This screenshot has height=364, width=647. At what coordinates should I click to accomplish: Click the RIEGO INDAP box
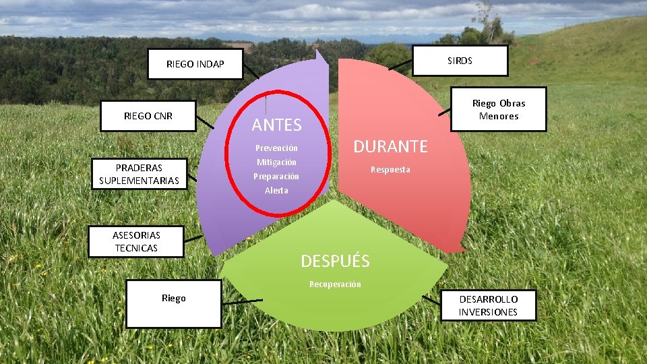(x=195, y=64)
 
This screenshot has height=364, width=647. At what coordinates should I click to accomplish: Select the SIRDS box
(x=460, y=61)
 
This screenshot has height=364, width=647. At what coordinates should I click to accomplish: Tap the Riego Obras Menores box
(x=498, y=109)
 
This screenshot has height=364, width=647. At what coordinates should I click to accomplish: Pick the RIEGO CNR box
(x=148, y=116)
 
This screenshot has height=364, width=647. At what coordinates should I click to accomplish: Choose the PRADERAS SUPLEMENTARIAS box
(x=139, y=174)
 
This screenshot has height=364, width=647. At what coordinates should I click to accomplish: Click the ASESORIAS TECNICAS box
(x=136, y=241)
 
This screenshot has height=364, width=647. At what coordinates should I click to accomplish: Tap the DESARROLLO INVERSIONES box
(x=489, y=305)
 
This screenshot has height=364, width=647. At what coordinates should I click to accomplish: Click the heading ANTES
(x=276, y=125)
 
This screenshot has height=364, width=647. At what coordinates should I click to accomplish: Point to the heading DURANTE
(x=391, y=146)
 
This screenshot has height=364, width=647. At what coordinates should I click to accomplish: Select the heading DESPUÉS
(x=335, y=261)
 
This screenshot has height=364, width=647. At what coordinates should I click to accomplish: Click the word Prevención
(x=276, y=148)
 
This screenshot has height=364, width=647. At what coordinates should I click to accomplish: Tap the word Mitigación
(x=276, y=162)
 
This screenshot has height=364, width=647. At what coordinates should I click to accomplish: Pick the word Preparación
(x=276, y=176)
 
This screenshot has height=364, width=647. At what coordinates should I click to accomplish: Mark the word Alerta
(x=276, y=190)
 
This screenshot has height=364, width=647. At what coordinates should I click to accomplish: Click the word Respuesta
(x=390, y=169)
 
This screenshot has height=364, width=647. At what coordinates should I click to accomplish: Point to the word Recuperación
(x=335, y=284)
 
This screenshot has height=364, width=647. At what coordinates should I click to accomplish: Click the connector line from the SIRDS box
(x=401, y=65)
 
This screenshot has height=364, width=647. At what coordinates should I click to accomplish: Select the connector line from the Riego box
(x=242, y=301)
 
